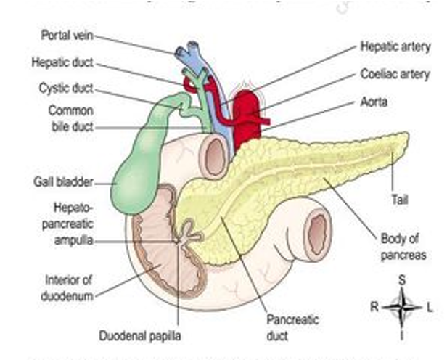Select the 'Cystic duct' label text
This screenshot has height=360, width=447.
click(x=65, y=91)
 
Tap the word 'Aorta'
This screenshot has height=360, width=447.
click(x=375, y=102)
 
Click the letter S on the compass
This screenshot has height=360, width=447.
click(x=401, y=278)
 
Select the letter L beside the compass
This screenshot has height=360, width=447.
click(x=430, y=307)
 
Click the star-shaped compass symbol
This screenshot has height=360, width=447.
click(x=402, y=307)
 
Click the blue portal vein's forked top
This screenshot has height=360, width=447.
click(x=192, y=51)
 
